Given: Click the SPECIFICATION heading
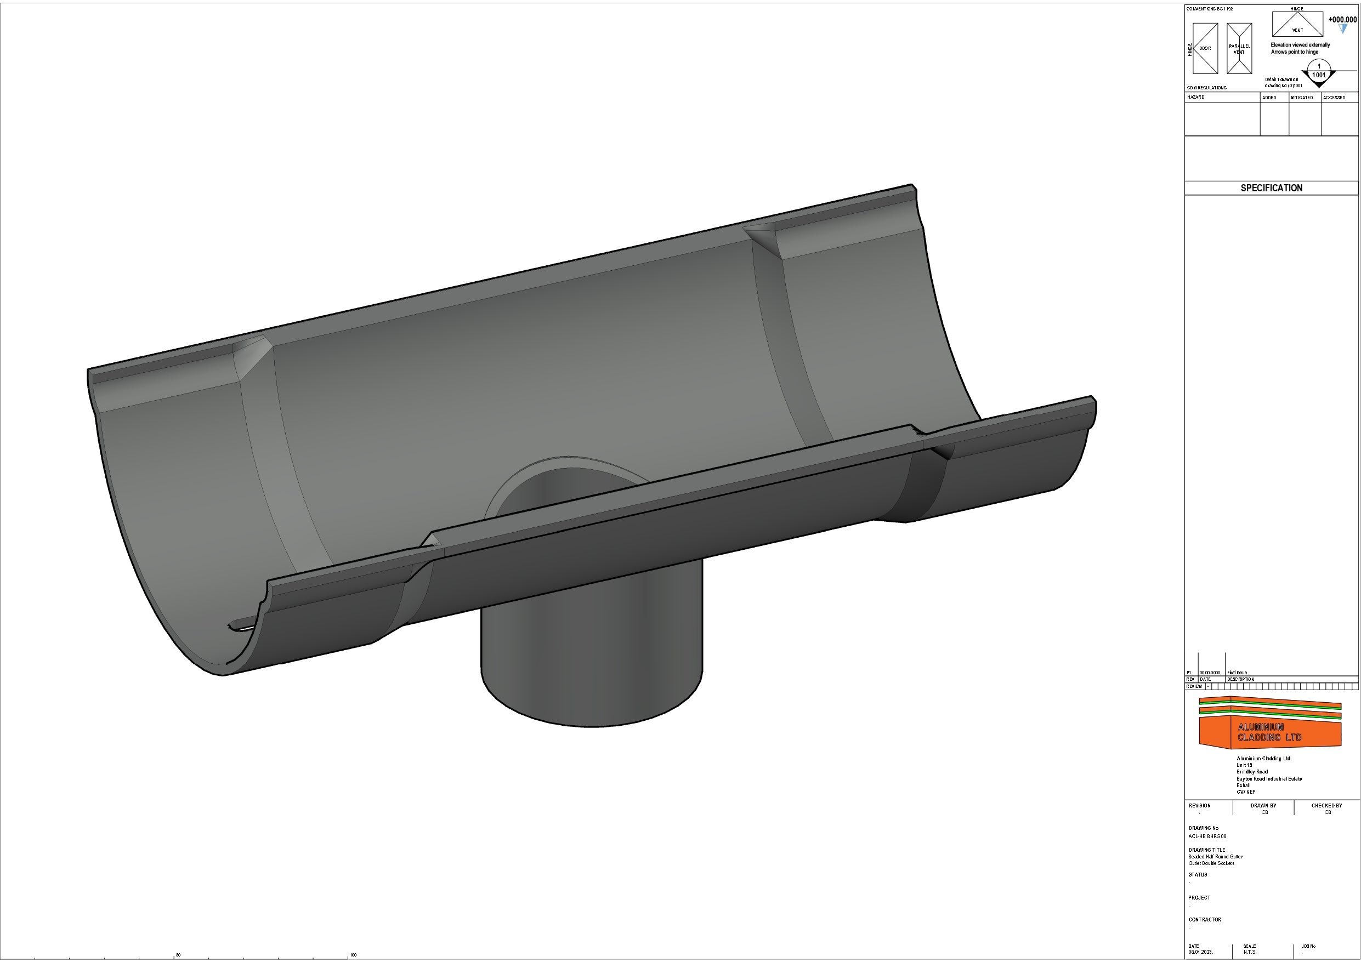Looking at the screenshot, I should pos(1271,188).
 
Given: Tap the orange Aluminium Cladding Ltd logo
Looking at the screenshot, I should pos(1270,724).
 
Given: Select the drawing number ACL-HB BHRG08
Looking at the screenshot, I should pos(1207,836).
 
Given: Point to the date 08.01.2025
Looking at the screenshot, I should pos(1200,952).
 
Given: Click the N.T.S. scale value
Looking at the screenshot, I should pos(1250,952).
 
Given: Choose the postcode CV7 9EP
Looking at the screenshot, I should pos(1246,792).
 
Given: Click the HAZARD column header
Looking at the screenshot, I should pos(1195,97).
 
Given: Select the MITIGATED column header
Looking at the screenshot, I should pos(1302,98).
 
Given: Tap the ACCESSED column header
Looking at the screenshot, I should pos(1334,98).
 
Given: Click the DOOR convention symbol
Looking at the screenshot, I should pos(1205,49).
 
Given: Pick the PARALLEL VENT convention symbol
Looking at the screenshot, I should pos(1239,49).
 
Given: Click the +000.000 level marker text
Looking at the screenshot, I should pos(1342,20).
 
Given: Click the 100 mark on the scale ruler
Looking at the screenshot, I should pos(353,955).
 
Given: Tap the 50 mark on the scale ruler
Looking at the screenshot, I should pos(178,955).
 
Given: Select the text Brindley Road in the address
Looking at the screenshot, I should pos(1252,772).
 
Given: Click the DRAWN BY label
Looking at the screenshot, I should pos(1263,806).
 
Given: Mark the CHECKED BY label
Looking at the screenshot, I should pos(1326,806).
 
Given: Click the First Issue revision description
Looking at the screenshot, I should pos(1237,673).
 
